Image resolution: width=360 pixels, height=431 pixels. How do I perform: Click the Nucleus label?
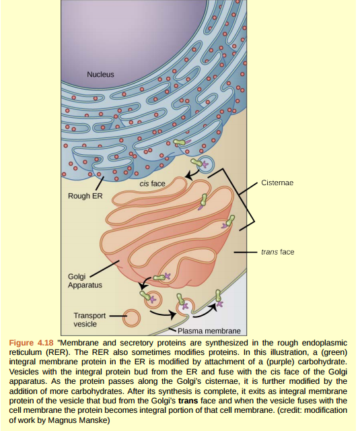click(x=100, y=73)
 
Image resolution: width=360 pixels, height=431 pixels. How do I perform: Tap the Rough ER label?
click(x=84, y=197)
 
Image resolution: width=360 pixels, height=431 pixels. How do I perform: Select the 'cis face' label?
click(x=153, y=183)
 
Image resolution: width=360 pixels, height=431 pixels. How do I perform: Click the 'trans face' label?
click(x=277, y=253)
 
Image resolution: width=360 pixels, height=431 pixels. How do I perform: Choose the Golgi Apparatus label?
click(x=85, y=281)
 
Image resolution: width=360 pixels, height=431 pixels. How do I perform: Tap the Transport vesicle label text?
click(x=89, y=319)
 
